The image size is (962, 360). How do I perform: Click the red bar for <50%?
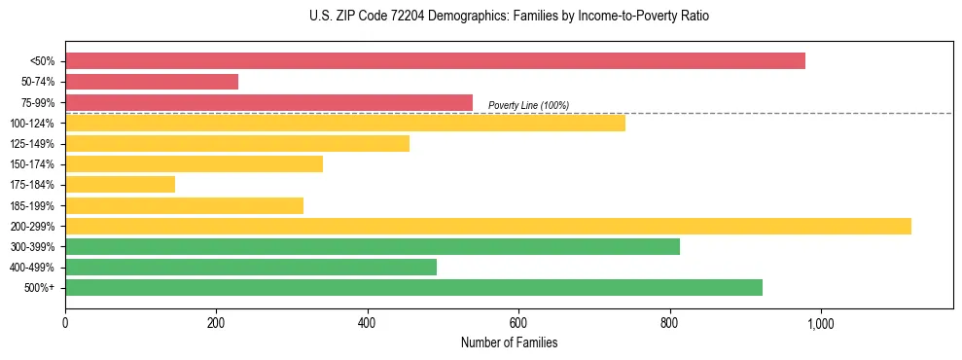(435, 61)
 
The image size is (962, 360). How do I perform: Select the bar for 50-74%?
(152, 82)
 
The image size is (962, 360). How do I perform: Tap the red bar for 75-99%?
(268, 102)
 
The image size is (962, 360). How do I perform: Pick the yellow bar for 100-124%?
(345, 123)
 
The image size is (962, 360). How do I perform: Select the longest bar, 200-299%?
(488, 226)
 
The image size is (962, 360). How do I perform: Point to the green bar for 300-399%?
(373, 246)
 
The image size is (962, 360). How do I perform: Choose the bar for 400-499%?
(251, 267)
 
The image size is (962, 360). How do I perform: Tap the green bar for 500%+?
(413, 287)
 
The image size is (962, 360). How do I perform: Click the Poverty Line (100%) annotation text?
(528, 105)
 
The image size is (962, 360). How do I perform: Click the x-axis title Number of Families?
(509, 342)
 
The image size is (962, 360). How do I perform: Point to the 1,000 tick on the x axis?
(820, 322)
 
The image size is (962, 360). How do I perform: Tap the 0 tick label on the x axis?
(65, 322)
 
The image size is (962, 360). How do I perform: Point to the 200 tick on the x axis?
(216, 322)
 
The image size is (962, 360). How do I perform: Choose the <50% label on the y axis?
(43, 61)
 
